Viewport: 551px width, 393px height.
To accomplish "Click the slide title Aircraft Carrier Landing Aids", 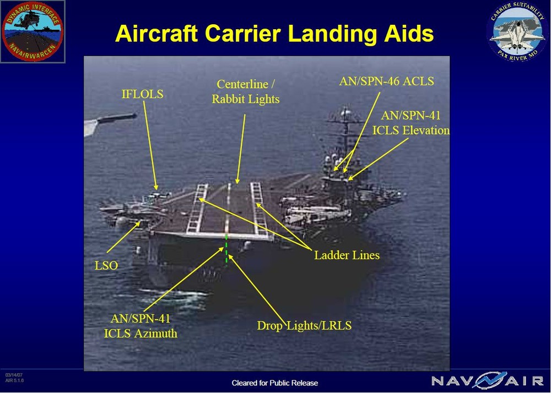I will tap(274, 34).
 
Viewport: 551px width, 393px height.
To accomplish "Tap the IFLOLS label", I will tap(142, 94).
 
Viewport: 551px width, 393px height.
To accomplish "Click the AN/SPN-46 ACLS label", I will tap(386, 81).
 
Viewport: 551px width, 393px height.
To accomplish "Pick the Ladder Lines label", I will tap(347, 255).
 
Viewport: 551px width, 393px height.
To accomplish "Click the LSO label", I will tap(106, 265).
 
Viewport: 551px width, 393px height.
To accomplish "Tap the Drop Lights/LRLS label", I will tap(304, 325).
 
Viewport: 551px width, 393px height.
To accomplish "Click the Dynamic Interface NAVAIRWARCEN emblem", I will tap(33, 31).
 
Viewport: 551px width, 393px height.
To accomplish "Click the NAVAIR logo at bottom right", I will tap(487, 380).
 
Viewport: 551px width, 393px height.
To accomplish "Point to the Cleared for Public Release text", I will tap(274, 383).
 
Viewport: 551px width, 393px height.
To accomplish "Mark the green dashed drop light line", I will tap(226, 249).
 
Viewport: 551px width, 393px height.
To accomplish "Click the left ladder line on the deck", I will tap(197, 209).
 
